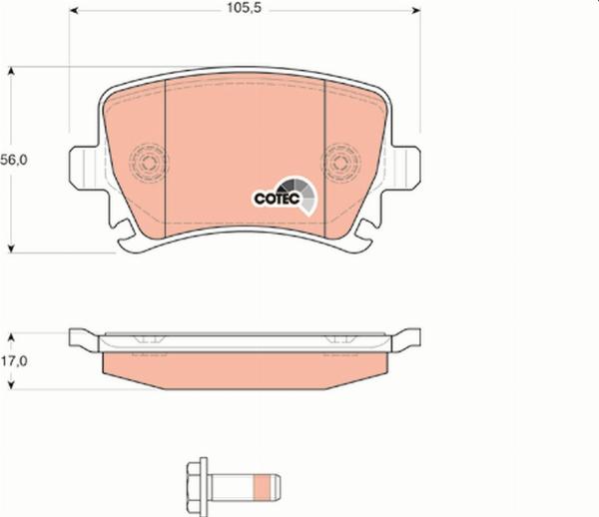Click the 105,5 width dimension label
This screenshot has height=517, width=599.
[x=243, y=13]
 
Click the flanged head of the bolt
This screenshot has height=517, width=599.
[x=199, y=487]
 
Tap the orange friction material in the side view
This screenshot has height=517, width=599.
[x=245, y=368]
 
